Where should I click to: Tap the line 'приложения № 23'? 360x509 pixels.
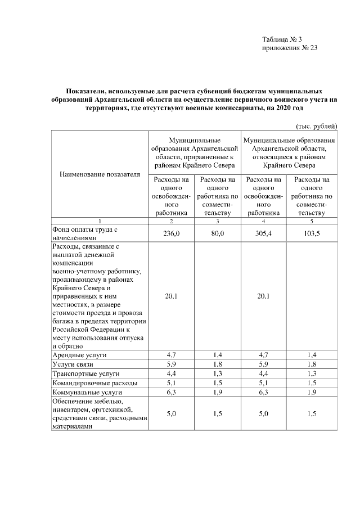tap(290, 48)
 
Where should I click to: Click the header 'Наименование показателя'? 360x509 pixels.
tap(100, 174)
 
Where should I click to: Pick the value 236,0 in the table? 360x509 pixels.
tap(170, 233)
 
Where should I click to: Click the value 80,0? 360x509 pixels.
tap(216, 233)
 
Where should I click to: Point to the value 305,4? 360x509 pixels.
tap(263, 233)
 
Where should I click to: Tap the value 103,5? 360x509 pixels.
tap(310, 233)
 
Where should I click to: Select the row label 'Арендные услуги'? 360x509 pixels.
tap(79, 355)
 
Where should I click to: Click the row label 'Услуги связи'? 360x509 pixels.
tap(74, 364)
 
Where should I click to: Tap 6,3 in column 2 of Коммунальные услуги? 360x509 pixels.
tap(170, 391)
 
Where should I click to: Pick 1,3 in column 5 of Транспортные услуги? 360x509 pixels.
tap(310, 373)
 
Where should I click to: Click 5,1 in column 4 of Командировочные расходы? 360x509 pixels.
tap(263, 382)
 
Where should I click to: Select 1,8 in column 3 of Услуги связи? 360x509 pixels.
tap(216, 364)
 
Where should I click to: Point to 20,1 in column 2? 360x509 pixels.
tap(170, 296)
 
